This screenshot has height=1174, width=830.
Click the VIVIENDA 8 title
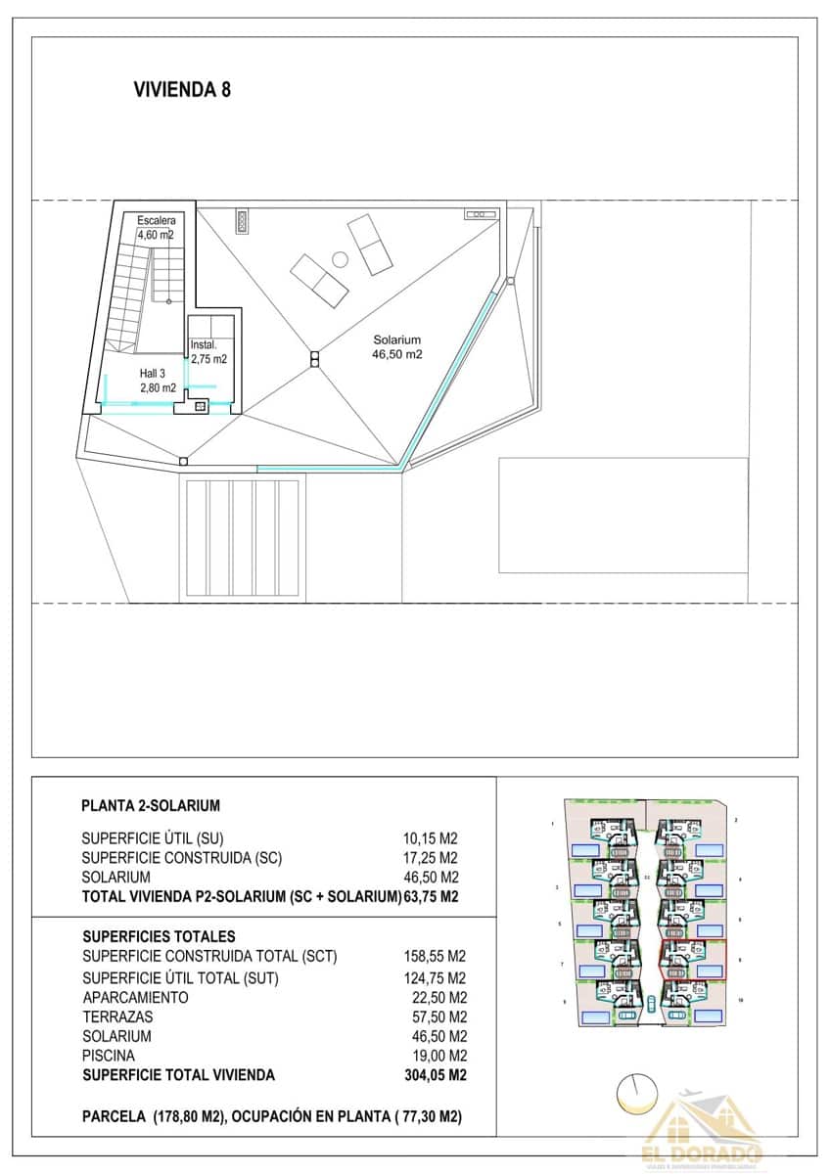tap(181, 90)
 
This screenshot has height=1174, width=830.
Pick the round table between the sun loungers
tap(340, 259)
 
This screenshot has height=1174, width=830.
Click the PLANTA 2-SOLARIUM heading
tap(151, 806)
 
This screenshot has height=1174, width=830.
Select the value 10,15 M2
tap(431, 838)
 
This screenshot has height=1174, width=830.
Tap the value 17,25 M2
tap(431, 858)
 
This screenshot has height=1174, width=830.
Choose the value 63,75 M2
tap(432, 896)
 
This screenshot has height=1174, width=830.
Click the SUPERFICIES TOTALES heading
tap(159, 936)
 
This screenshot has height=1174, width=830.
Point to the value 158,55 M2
tap(434, 956)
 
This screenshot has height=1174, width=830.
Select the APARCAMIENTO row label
tap(135, 997)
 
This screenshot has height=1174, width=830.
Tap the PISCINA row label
tap(109, 1056)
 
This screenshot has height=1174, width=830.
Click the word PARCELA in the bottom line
tap(114, 1116)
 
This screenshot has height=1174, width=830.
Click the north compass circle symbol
tap(636, 1093)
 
